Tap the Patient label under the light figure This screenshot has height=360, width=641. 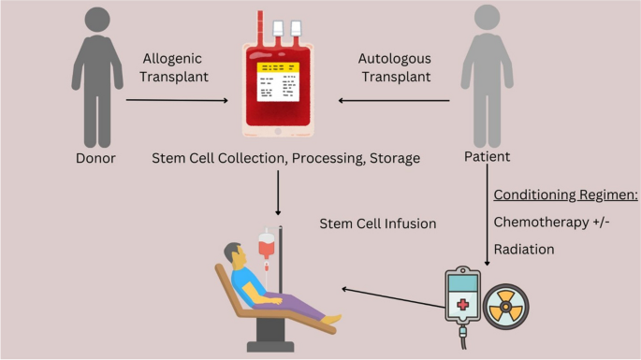487,158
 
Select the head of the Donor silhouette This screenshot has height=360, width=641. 98,23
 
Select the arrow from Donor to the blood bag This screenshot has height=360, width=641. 178,100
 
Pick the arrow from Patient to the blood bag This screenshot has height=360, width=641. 393,100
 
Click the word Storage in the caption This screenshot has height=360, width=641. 394,158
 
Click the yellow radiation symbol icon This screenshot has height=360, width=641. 508,304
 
